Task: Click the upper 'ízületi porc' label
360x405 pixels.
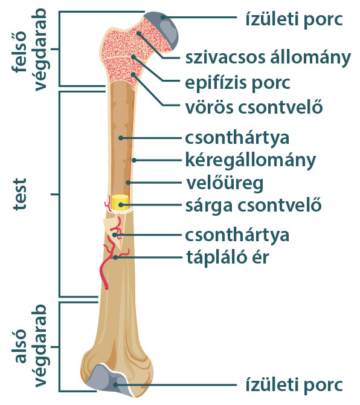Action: [294, 19]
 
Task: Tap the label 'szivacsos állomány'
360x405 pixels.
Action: [268, 58]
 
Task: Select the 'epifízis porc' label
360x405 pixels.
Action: [237, 83]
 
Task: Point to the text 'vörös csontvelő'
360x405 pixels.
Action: [254, 106]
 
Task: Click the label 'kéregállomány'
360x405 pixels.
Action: [251, 161]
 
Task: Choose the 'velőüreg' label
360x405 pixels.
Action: [225, 183]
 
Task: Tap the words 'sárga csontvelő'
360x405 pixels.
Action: [254, 206]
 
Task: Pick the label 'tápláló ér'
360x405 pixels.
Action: [228, 258]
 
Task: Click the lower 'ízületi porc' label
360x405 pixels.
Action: [294, 385]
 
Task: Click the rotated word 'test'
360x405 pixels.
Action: [20, 194]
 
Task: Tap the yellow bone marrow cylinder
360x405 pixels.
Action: [120, 202]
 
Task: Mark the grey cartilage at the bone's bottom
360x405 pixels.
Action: [110, 378]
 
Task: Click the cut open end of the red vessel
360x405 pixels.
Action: [106, 288]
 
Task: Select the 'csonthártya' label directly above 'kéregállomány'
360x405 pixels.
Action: [237, 138]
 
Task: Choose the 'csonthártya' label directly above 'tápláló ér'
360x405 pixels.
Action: [237, 235]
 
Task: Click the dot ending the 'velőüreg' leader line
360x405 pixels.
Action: [128, 183]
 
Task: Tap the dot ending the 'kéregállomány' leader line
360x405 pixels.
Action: [133, 160]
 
